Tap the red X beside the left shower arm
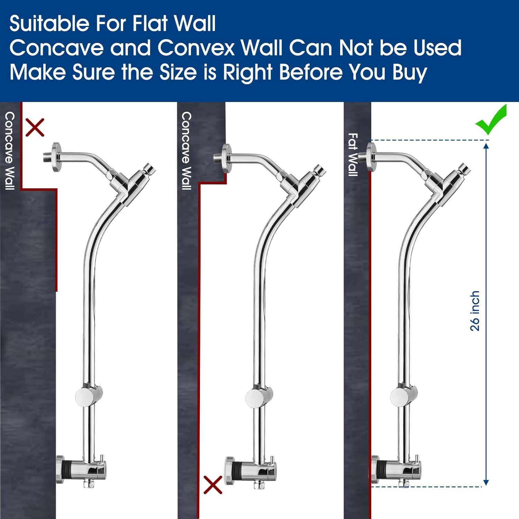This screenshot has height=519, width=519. pyautogui.click(x=35, y=127)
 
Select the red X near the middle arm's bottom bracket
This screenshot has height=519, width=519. pyautogui.click(x=213, y=484)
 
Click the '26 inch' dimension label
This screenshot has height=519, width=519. pyautogui.click(x=475, y=311)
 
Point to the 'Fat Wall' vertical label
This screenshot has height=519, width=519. pyautogui.click(x=353, y=155)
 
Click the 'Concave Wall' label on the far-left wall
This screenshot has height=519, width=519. pyautogui.click(x=9, y=151)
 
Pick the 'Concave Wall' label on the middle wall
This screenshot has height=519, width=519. pyautogui.click(x=186, y=151)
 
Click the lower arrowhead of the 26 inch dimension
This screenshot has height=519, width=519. pyautogui.click(x=486, y=482)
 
